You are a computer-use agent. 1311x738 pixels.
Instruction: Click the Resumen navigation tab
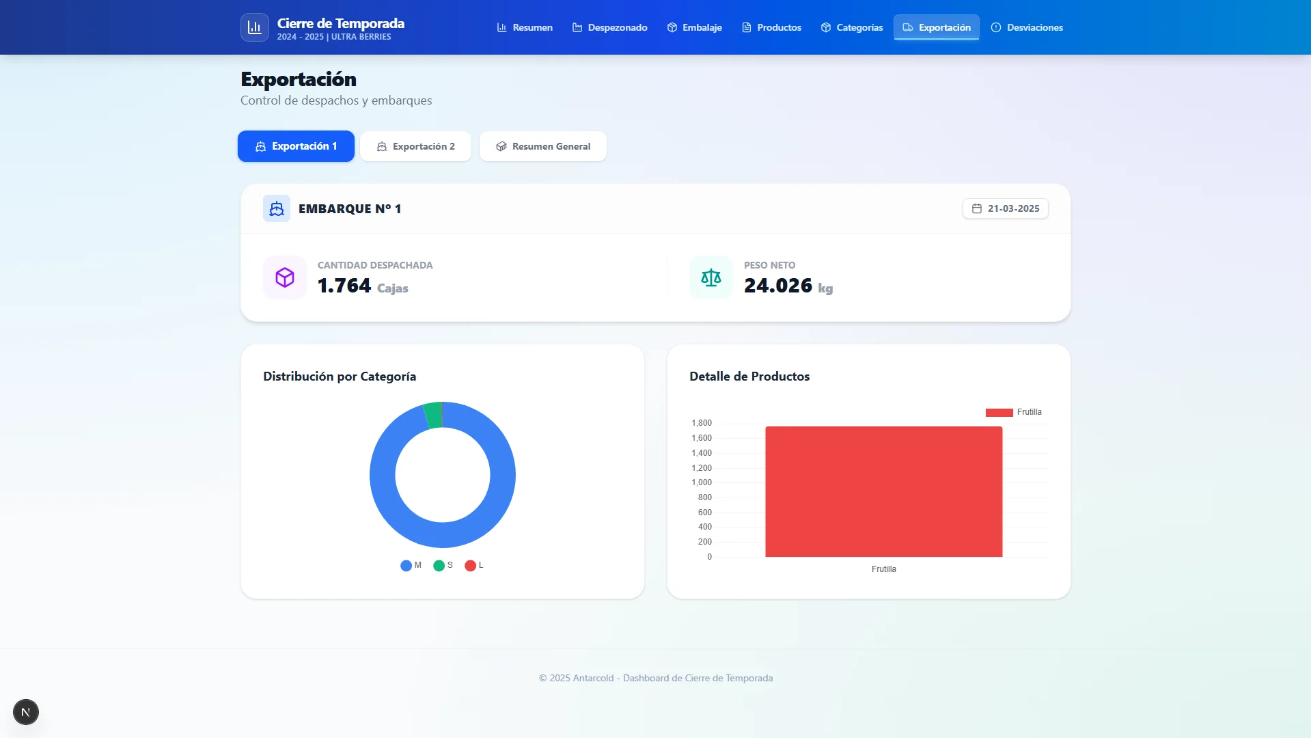pyautogui.click(x=525, y=27)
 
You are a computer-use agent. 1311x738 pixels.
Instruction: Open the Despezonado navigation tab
pyautogui.click(x=609, y=27)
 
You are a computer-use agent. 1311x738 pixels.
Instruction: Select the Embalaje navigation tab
pyautogui.click(x=694, y=27)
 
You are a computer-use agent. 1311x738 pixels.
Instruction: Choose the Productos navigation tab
pyautogui.click(x=771, y=27)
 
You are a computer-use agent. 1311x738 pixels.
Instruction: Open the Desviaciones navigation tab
pyautogui.click(x=1027, y=27)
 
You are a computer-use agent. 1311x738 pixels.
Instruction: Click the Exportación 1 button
pyautogui.click(x=296, y=146)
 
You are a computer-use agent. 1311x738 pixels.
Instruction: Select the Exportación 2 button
pyautogui.click(x=415, y=146)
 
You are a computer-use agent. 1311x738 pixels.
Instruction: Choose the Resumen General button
pyautogui.click(x=543, y=146)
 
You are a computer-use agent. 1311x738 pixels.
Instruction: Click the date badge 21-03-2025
pyautogui.click(x=1006, y=208)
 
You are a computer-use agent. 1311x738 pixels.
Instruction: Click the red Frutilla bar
pyautogui.click(x=883, y=492)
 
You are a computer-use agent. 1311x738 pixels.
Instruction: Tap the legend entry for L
pyautogui.click(x=474, y=565)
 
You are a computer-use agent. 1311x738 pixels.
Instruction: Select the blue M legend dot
pyautogui.click(x=406, y=565)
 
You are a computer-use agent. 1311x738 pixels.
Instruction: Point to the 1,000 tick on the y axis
pyautogui.click(x=702, y=482)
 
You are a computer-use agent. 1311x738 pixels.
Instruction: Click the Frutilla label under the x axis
pyautogui.click(x=883, y=569)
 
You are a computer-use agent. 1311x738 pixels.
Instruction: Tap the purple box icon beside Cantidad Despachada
pyautogui.click(x=285, y=277)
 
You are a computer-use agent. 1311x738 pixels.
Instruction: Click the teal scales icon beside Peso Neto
pyautogui.click(x=711, y=277)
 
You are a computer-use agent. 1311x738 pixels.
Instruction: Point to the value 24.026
pyautogui.click(x=778, y=286)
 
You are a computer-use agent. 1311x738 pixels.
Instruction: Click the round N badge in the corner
pyautogui.click(x=26, y=712)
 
